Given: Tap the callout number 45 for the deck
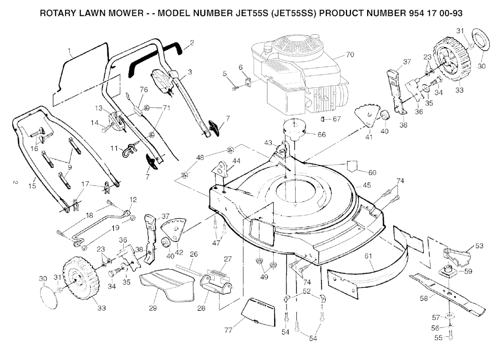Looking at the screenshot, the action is pos(367,185).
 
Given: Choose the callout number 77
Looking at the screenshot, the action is pos(228,330).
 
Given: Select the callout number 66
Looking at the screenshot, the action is pos(321,134).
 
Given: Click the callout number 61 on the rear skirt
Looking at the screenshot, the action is pos(368,256).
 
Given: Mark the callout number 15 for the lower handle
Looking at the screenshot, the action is pos(32,186).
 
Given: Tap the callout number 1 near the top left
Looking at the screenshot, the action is pos(69,51).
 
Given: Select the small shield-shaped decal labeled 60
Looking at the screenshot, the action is pos(352,165).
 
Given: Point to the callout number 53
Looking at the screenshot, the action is pos(479,246).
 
